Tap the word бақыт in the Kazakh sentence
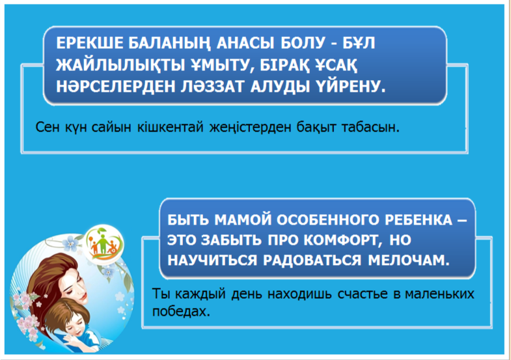coord(316,127)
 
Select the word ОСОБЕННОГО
coord(328,220)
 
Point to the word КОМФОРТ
coord(343,240)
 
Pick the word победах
coord(181,311)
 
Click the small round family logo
coord(104,243)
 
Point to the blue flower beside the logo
coord(71,243)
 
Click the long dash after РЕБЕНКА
coord(462,221)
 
